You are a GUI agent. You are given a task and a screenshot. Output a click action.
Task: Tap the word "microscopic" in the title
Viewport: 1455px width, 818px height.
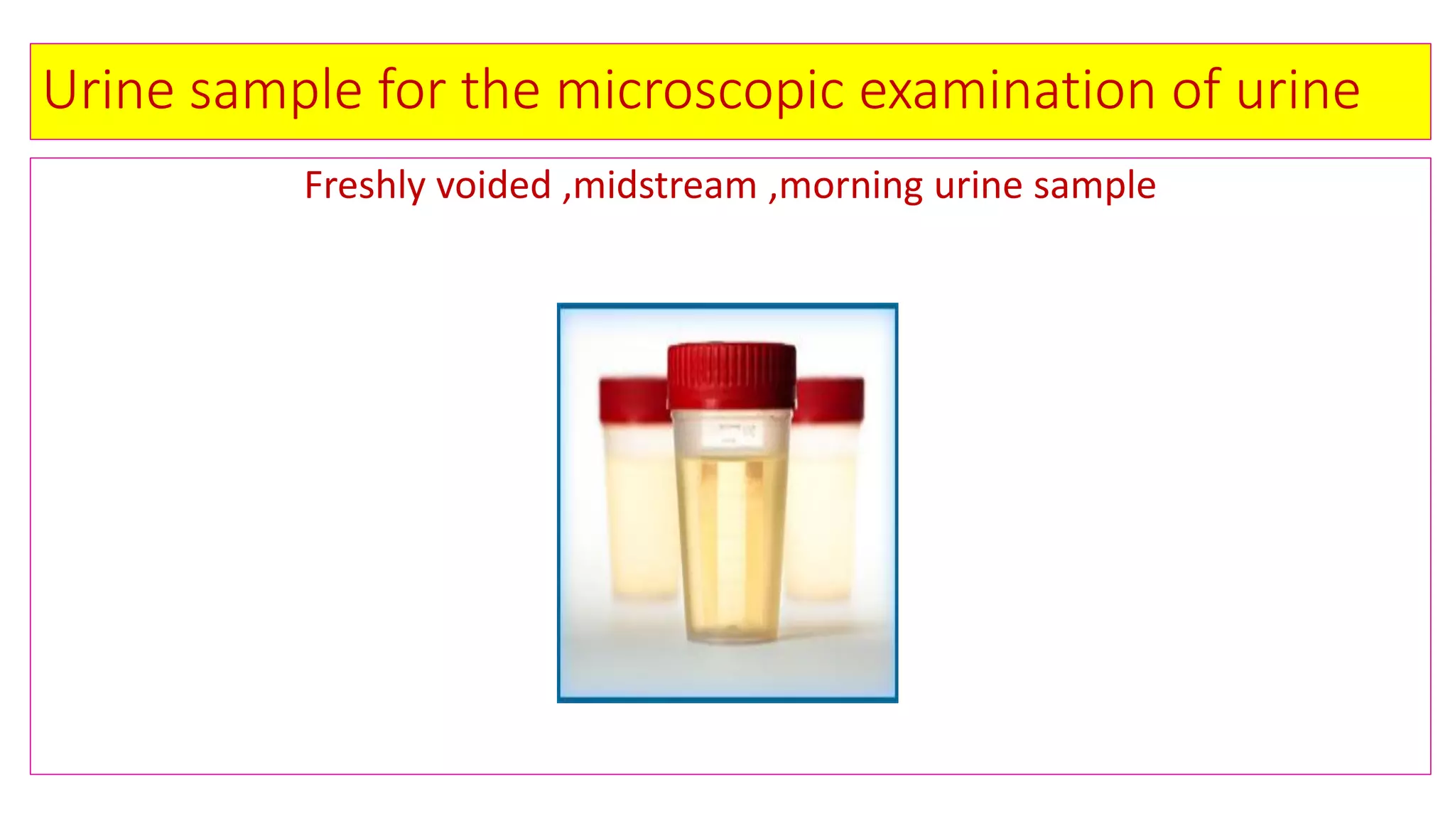pos(700,90)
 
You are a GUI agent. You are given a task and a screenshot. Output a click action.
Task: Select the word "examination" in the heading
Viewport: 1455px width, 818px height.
pos(1007,90)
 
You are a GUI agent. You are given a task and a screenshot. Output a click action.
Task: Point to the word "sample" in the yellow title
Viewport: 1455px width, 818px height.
pos(276,90)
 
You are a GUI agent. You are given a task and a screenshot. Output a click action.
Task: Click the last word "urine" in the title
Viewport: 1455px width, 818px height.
pos(1298,90)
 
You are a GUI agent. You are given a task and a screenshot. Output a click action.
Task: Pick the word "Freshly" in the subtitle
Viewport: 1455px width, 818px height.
pos(364,186)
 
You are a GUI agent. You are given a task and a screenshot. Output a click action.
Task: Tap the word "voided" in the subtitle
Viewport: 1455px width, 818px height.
pos(494,186)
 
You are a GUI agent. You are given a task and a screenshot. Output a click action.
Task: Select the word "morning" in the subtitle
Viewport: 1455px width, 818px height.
pos(850,186)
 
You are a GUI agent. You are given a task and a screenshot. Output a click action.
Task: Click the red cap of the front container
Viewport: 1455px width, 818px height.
pos(731,376)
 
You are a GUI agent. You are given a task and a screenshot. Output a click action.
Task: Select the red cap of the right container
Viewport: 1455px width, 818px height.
pos(830,400)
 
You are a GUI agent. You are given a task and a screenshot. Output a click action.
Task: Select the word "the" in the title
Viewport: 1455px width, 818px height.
pos(500,90)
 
